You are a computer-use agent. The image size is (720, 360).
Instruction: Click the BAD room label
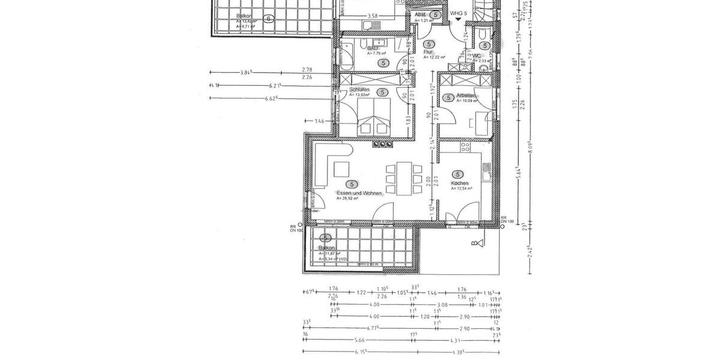pos(372,48)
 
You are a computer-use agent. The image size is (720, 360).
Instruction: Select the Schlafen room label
pos(359,90)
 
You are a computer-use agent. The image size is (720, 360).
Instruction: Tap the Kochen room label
pos(460,183)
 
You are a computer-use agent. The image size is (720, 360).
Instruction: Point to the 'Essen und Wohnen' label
pos(359,193)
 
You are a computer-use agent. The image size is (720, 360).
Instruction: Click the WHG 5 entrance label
pos(458,14)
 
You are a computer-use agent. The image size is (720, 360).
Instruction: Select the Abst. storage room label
pos(421,14)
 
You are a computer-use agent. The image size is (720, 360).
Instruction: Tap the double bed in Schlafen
pos(374,118)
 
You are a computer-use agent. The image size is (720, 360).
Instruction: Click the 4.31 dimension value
pos(456,340)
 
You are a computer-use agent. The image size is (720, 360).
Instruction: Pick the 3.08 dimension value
pos(442,304)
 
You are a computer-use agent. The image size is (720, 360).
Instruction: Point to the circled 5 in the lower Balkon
pos(327,238)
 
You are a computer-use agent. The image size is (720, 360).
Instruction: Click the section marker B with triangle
pos(475,243)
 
